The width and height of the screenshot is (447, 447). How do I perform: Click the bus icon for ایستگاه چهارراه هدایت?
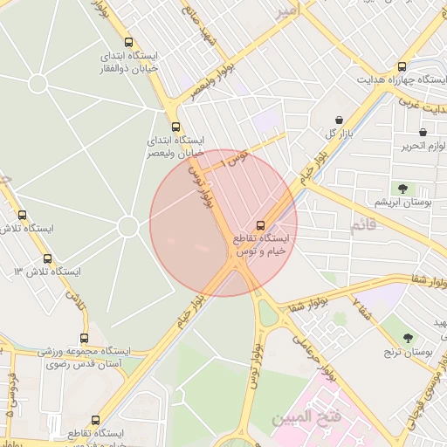coord(402,66)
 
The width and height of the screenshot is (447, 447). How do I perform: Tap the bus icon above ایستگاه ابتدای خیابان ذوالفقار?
coord(129,42)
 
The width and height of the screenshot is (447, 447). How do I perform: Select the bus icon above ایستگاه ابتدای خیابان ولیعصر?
coord(176,127)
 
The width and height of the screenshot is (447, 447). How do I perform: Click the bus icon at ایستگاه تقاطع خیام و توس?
coord(260,224)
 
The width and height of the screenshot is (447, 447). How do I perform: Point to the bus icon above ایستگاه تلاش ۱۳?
coord(47,258)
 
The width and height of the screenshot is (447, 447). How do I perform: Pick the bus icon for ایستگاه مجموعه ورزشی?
coord(85,338)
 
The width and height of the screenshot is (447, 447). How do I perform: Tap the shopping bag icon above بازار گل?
coord(339,120)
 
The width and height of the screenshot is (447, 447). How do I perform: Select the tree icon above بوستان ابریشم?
coord(402,189)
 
